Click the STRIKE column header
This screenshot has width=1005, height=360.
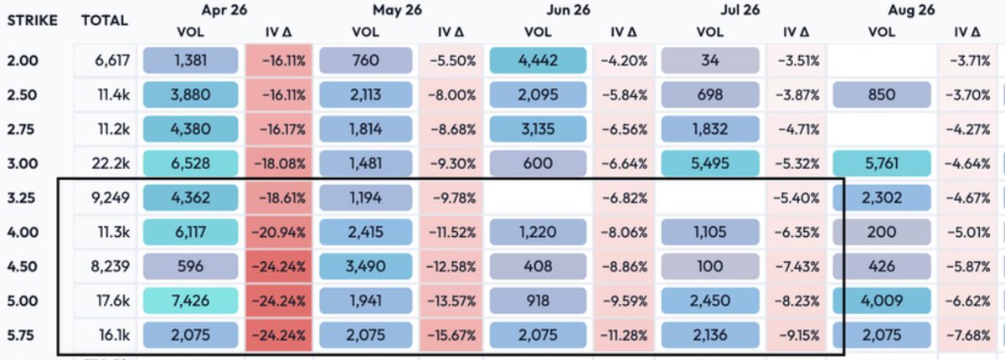tap(31, 20)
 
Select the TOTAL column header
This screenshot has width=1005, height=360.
tap(104, 20)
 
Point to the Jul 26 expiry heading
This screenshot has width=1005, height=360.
tap(739, 10)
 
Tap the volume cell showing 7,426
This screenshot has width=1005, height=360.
tap(193, 301)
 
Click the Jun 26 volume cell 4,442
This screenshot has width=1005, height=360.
tap(537, 62)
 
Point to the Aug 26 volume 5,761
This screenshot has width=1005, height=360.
tap(881, 164)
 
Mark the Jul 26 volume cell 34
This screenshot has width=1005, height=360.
tap(709, 62)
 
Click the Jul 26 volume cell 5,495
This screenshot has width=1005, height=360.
tap(709, 164)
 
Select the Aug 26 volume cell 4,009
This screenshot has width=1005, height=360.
tap(881, 301)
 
